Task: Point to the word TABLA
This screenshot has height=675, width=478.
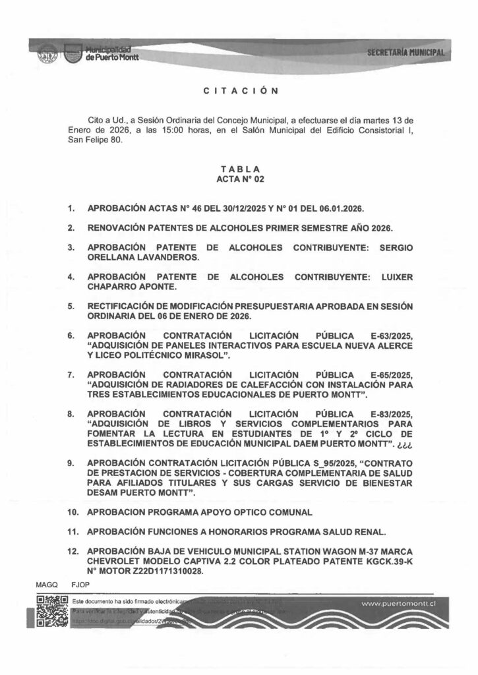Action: point(240,169)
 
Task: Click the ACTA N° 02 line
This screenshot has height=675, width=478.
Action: point(240,179)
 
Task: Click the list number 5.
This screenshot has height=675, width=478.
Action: point(71,307)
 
